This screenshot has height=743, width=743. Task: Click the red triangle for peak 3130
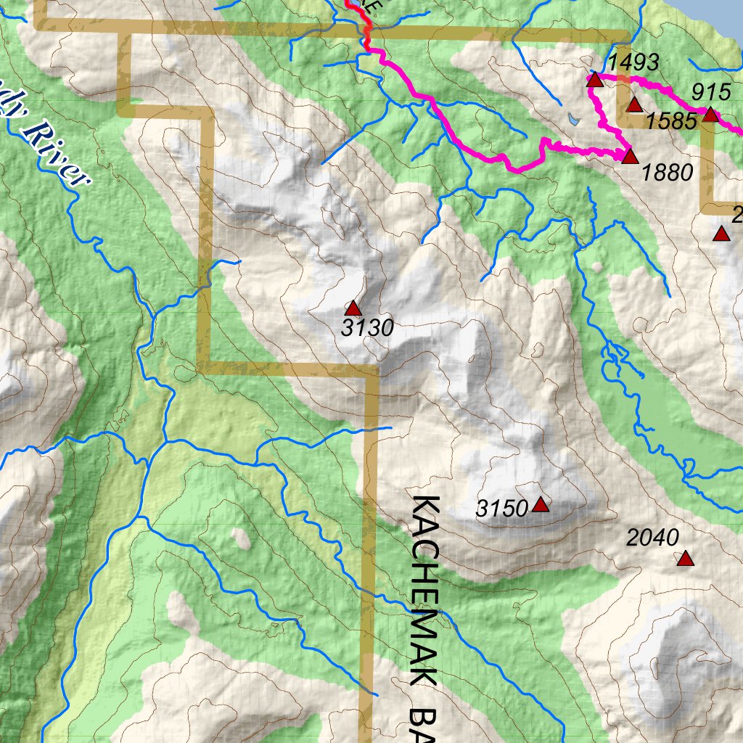(353, 308)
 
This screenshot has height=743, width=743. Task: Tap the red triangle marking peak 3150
(540, 504)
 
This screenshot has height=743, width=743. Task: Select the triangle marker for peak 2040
(685, 558)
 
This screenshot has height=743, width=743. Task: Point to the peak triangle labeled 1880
(629, 157)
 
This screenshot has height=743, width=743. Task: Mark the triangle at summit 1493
(595, 79)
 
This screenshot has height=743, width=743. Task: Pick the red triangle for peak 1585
(634, 105)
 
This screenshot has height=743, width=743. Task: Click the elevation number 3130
(367, 329)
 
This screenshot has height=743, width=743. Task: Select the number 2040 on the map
(652, 538)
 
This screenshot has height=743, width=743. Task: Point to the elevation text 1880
(668, 173)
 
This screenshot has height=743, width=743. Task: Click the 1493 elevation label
(633, 62)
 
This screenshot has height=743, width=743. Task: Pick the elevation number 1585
(671, 121)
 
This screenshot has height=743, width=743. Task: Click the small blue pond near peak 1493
(574, 117)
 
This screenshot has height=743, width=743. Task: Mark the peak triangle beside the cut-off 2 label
(721, 234)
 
